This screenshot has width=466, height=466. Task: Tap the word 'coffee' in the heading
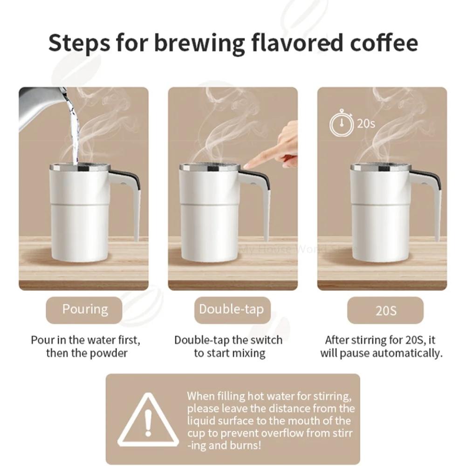tap(384, 42)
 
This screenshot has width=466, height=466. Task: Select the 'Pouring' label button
tap(84, 310)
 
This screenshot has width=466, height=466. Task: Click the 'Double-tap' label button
tap(232, 310)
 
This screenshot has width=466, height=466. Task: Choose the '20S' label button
tap(385, 310)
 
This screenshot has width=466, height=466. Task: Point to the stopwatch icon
tap(342, 123)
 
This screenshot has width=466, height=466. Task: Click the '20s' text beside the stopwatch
tap(366, 123)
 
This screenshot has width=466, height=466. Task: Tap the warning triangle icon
tap(148, 420)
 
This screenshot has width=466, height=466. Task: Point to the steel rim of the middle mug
tap(209, 168)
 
